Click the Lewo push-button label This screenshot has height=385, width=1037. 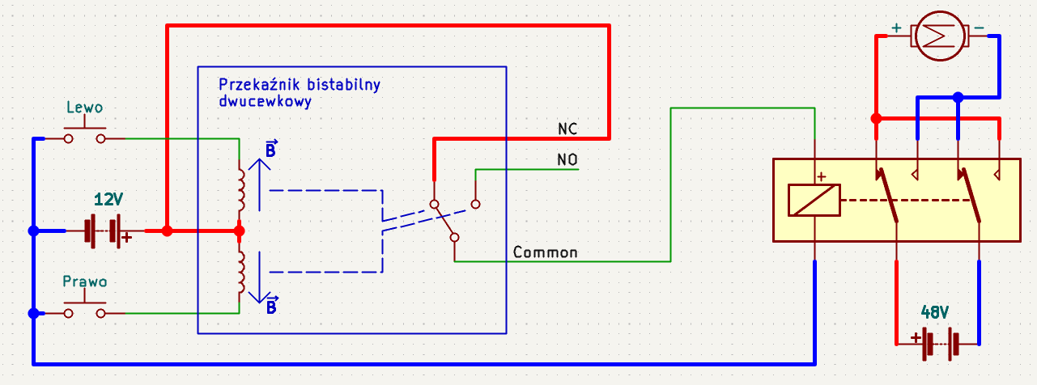point(85,108)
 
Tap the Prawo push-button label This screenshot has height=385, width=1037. point(85,281)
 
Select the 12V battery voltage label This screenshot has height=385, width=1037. point(108,200)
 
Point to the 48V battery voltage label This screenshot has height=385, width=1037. point(935,313)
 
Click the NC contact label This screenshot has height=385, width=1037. point(567,129)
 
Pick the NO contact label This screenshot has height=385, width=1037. point(567,160)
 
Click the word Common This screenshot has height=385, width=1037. point(546,252)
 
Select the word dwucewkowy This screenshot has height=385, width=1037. point(265,101)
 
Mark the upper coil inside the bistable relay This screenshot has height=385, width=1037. point(241,190)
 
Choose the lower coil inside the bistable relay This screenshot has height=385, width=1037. point(241,273)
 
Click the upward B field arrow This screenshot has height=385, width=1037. point(259,184)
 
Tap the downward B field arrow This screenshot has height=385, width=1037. point(259,277)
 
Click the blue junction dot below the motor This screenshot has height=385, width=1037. point(958,98)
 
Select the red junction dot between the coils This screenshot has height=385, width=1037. point(239,231)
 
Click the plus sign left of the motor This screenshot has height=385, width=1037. point(897,28)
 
